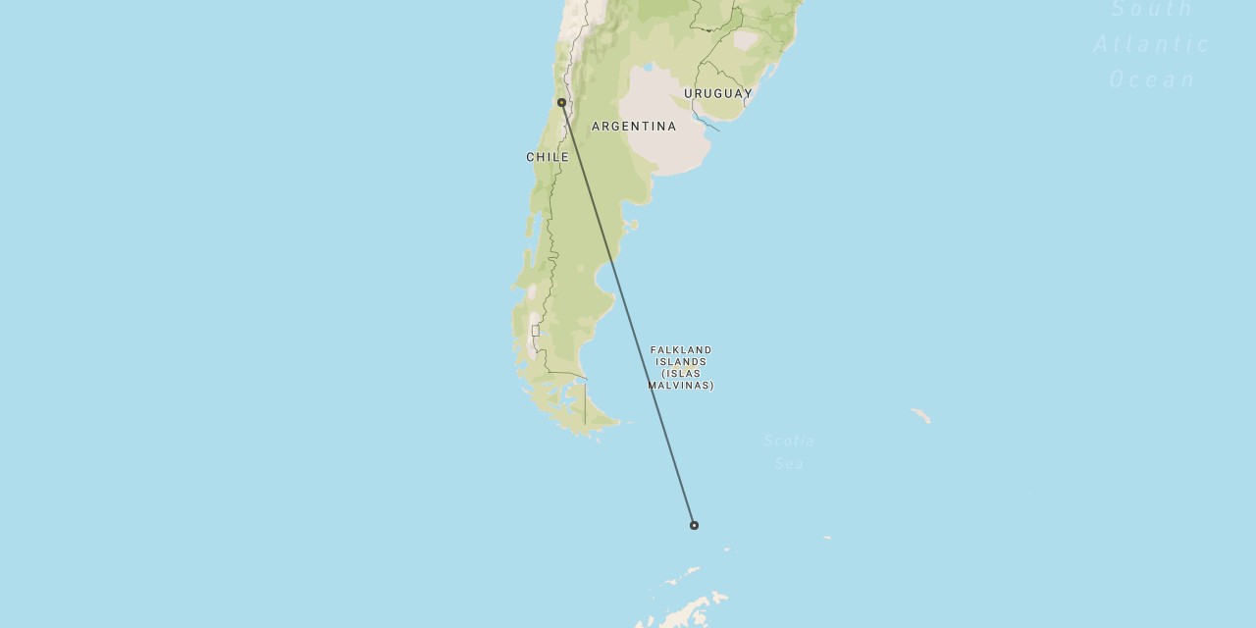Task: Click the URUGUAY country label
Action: [x=718, y=94]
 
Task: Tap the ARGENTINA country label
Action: [x=634, y=127]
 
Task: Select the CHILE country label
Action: [x=548, y=157]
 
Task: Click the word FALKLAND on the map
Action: [x=681, y=350]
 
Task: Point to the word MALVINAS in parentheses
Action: [x=681, y=386]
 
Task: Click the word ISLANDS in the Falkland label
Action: [x=681, y=362]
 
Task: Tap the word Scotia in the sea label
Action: [x=789, y=441]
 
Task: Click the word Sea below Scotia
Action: [x=789, y=463]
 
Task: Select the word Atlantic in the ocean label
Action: [x=1152, y=44]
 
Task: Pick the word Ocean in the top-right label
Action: [x=1153, y=79]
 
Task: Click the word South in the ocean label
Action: [x=1152, y=10]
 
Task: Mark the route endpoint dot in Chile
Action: [x=561, y=102]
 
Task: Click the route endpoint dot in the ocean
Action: [x=694, y=525]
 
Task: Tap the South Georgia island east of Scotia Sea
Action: [x=920, y=416]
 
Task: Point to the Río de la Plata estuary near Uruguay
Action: [x=705, y=122]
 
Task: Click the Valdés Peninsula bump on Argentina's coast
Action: [x=631, y=225]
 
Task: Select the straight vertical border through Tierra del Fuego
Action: [x=585, y=402]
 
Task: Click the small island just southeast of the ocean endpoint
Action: [x=726, y=549]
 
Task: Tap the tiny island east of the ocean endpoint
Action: [x=827, y=538]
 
